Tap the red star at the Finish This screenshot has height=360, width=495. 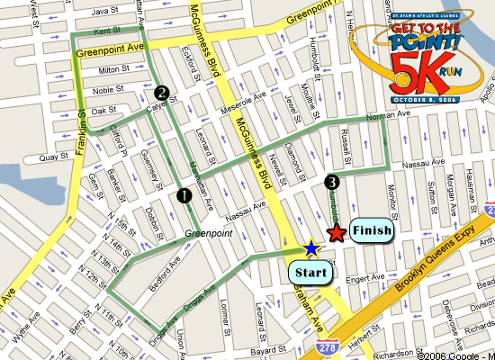pyautogui.click(x=336, y=234)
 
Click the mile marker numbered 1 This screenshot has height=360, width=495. pyautogui.click(x=184, y=194)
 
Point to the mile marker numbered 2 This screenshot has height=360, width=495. pyautogui.click(x=161, y=91)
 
